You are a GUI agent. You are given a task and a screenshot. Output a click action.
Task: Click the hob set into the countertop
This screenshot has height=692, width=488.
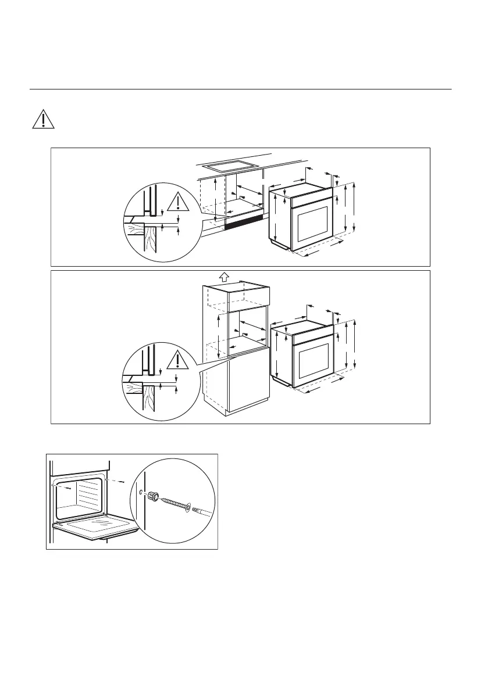[232, 165]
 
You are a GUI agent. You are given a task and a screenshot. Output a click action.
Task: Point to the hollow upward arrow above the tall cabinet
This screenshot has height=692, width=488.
[223, 275]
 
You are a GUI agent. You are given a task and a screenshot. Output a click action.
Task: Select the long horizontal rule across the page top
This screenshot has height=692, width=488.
[240, 89]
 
